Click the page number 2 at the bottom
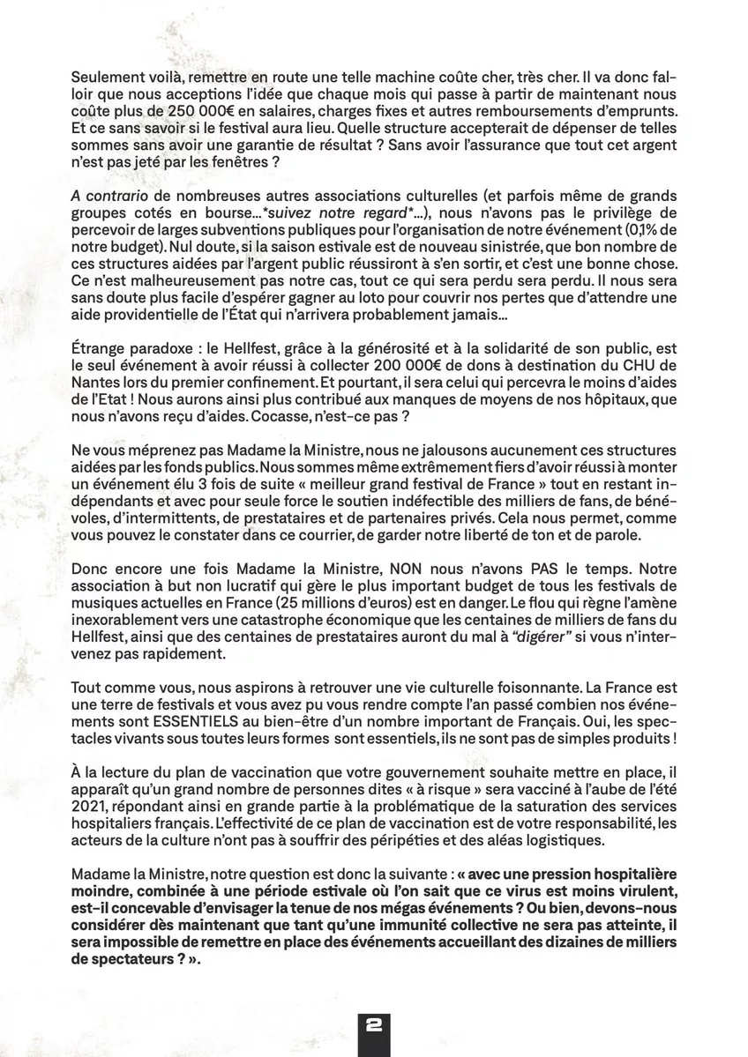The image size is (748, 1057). tap(374, 1026)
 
